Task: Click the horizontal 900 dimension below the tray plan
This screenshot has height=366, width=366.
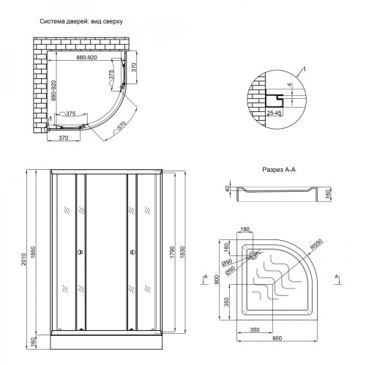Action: click(x=277, y=338)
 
